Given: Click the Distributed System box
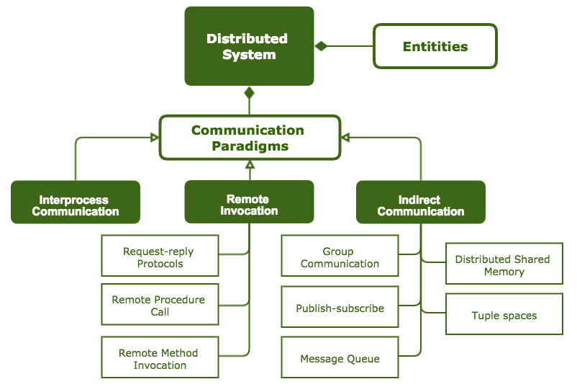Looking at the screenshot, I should click(249, 46).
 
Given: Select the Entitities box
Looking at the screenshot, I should click(435, 47).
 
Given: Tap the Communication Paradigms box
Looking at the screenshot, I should click(249, 138).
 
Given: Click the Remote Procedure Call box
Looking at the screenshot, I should click(160, 306).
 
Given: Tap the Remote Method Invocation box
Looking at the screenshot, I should click(160, 357).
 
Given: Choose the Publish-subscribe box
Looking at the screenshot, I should click(340, 308).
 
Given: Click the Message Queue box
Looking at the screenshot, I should click(340, 358).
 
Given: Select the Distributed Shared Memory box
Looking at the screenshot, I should click(504, 264).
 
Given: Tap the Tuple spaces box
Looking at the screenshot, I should click(504, 314).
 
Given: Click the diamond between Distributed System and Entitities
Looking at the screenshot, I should click(321, 46).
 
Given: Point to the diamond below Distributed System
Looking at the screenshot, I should click(250, 92).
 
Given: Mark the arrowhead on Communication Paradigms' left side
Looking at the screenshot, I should click(155, 137).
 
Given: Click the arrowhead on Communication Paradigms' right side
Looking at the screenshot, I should click(345, 137).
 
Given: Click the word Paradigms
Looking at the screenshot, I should click(250, 146).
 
